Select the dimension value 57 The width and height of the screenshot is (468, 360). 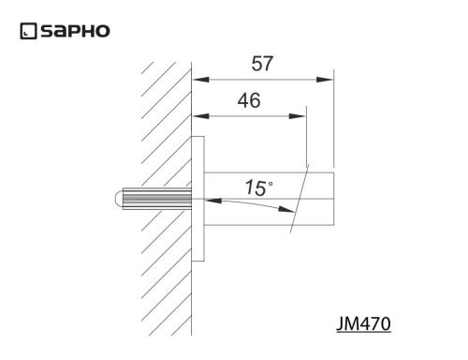click(x=264, y=65)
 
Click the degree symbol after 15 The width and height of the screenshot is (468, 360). click(x=271, y=181)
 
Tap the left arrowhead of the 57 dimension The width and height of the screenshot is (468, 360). click(x=200, y=81)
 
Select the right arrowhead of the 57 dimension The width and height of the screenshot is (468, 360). click(x=326, y=81)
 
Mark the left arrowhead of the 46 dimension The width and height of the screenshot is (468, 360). click(x=200, y=116)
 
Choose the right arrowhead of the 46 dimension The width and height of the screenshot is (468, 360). click(x=298, y=116)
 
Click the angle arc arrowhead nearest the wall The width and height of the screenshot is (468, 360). click(x=211, y=201)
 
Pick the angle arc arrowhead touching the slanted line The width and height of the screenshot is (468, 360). click(x=289, y=212)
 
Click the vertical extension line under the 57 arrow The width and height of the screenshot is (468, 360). click(x=334, y=122)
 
